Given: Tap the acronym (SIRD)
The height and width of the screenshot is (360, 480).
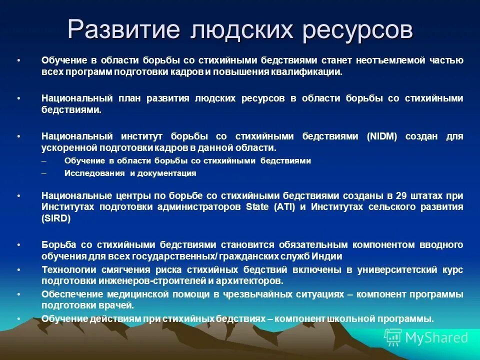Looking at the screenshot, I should coord(55,218).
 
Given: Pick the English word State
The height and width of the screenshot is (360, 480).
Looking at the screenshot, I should coord(257,207).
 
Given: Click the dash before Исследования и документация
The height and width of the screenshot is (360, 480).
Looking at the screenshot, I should coord(43,173).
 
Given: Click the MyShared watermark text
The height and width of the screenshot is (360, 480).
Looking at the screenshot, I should coord(436,337).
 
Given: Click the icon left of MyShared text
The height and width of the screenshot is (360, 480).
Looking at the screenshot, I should coord(393,337).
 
